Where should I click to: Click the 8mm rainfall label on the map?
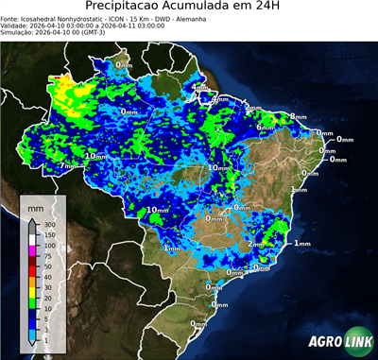(299, 116)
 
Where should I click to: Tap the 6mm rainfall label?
(266, 127)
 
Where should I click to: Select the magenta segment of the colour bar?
(31, 251)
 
